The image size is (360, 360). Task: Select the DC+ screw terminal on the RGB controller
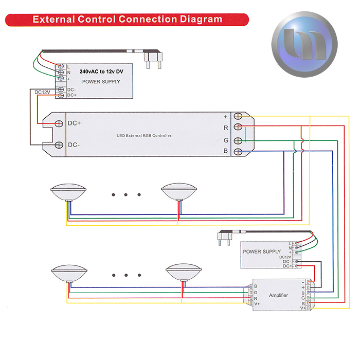coord(59,123)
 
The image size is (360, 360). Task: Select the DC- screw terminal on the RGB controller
coord(59,146)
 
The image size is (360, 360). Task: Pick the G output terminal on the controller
coord(238,140)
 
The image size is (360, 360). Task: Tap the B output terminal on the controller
coord(238,151)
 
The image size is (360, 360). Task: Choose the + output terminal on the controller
coord(238,116)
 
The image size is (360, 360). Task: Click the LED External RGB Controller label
coord(144,136)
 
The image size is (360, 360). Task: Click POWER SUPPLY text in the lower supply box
coord(262,251)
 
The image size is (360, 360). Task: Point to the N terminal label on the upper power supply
coord(69,73)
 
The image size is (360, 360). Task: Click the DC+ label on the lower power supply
coord(287,266)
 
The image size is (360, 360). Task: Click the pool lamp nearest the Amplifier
coord(183,273)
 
